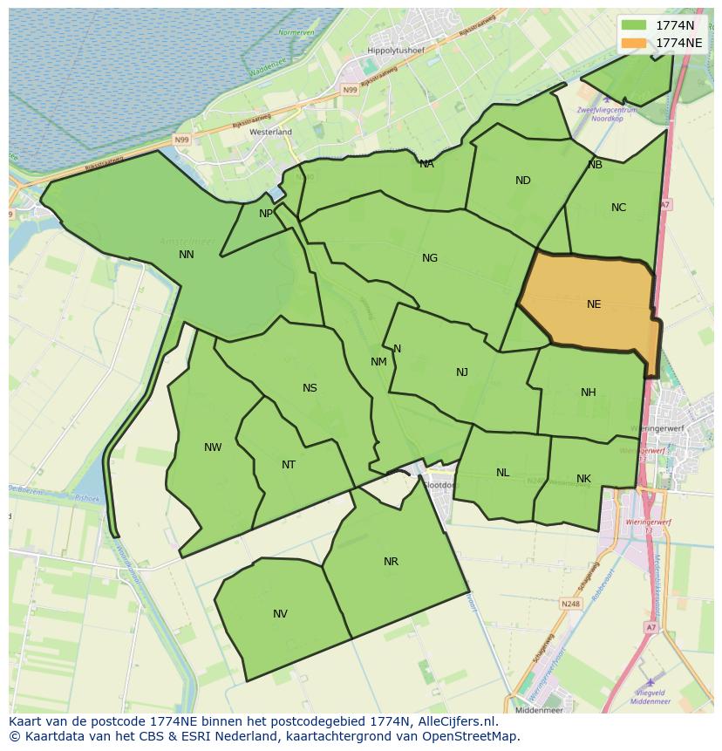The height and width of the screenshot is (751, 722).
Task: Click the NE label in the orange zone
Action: click(x=594, y=304)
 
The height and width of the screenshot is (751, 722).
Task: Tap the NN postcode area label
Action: click(x=187, y=255)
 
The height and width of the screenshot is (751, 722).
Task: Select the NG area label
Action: click(x=430, y=258)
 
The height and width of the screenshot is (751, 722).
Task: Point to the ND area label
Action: click(x=523, y=181)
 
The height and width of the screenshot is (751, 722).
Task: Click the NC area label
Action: click(x=618, y=208)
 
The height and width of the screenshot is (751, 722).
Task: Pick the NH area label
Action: click(x=589, y=393)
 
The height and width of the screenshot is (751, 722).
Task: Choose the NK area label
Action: click(x=583, y=479)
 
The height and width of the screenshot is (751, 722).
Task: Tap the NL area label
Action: click(x=503, y=473)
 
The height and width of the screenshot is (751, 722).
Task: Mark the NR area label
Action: click(x=391, y=562)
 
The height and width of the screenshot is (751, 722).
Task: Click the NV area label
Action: click(x=280, y=614)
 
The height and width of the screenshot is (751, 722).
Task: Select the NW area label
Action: click(x=213, y=447)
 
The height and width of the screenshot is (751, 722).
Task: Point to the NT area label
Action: click(x=289, y=465)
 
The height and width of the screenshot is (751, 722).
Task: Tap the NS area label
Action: click(x=310, y=388)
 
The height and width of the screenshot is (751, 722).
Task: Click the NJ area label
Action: click(x=462, y=372)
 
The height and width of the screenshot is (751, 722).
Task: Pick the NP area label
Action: click(x=266, y=214)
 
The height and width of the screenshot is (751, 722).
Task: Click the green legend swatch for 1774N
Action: click(x=635, y=25)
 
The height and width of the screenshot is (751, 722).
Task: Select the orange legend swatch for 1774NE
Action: click(x=635, y=43)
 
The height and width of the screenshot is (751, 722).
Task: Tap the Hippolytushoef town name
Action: click(x=396, y=51)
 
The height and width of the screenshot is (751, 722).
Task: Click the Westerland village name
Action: click(x=270, y=132)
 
